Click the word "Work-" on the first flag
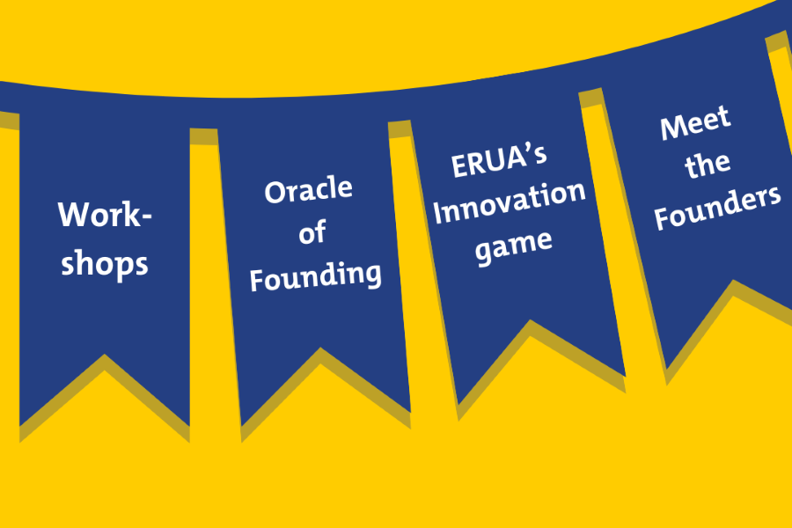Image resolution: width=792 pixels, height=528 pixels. click(x=105, y=215)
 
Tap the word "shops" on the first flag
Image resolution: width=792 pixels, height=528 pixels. click(x=105, y=263)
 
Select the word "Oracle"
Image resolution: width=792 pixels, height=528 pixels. click(x=308, y=190)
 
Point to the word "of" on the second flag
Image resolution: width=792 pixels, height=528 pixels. click(x=312, y=232)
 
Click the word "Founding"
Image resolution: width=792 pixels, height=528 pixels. click(x=316, y=276)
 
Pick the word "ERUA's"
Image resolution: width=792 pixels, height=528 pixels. click(x=499, y=161)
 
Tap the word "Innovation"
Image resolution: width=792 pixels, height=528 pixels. click(x=510, y=202)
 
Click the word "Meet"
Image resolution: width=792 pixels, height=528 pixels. click(x=695, y=123)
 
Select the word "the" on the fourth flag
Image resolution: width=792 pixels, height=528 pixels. click(x=708, y=165)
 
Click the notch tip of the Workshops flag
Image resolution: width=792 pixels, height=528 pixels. click(x=105, y=355)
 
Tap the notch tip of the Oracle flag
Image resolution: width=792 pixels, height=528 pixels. click(x=320, y=348)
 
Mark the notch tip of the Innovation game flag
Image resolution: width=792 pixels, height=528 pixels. click(x=531, y=319)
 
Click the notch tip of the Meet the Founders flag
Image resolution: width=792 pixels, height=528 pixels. click(x=733, y=280)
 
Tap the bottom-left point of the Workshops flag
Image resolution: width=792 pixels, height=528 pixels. click(x=19, y=426)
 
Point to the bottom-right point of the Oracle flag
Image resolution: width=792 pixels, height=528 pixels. click(x=410, y=413)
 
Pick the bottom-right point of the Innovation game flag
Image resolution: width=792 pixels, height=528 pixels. click(x=626, y=377)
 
